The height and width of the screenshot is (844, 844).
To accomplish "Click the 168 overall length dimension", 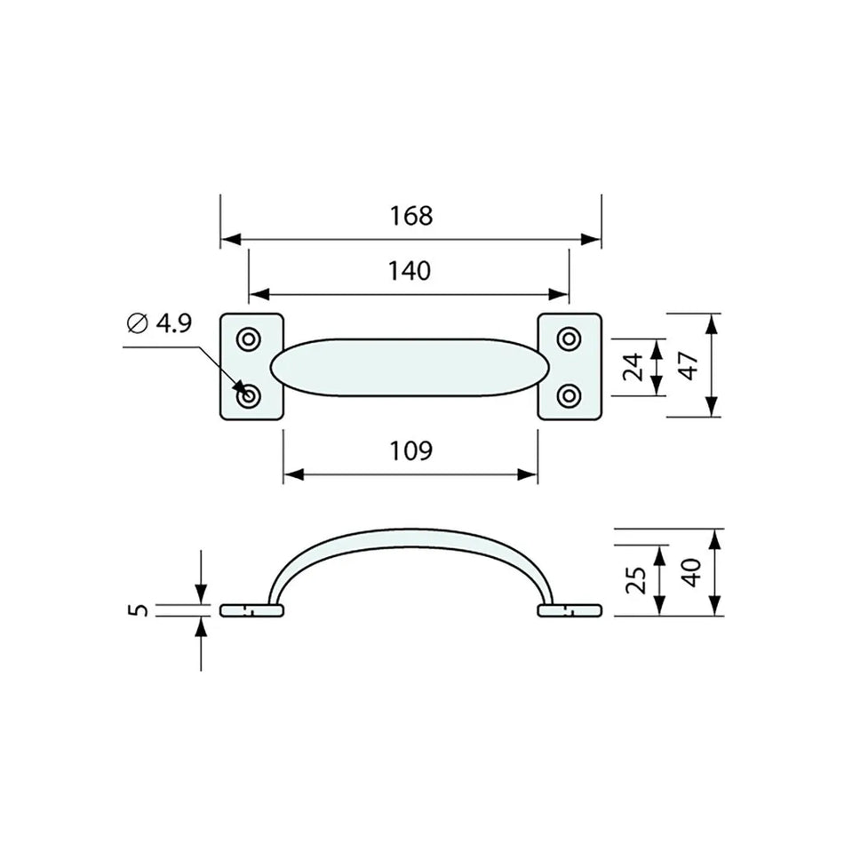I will point(410,216).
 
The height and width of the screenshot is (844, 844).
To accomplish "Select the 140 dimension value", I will point(410,270).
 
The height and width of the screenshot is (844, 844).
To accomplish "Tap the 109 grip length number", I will point(410,451).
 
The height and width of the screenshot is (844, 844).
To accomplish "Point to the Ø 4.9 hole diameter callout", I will point(160,323).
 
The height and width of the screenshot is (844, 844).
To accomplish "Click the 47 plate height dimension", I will point(689,365).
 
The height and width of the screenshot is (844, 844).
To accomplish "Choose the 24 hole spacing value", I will point(633,366).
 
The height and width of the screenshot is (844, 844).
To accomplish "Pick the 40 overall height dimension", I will point(691,571).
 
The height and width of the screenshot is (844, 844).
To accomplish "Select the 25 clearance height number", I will point(635,580).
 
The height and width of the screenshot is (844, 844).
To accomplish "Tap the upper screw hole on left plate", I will point(250,338).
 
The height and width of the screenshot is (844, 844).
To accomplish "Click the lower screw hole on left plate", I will point(250,396).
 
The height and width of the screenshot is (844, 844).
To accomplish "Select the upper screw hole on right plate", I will point(569,338).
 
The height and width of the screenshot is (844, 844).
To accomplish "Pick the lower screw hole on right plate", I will point(569,394).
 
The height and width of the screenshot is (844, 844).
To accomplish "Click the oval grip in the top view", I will point(409,367).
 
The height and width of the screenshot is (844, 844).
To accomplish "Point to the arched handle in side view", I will point(409,539).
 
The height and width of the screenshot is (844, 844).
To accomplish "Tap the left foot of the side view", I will point(251,610).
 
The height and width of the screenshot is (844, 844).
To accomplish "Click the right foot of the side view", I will point(569,610).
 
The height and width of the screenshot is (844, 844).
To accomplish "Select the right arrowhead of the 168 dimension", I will point(591,240).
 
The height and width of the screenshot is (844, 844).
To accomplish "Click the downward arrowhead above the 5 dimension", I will point(201,593).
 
